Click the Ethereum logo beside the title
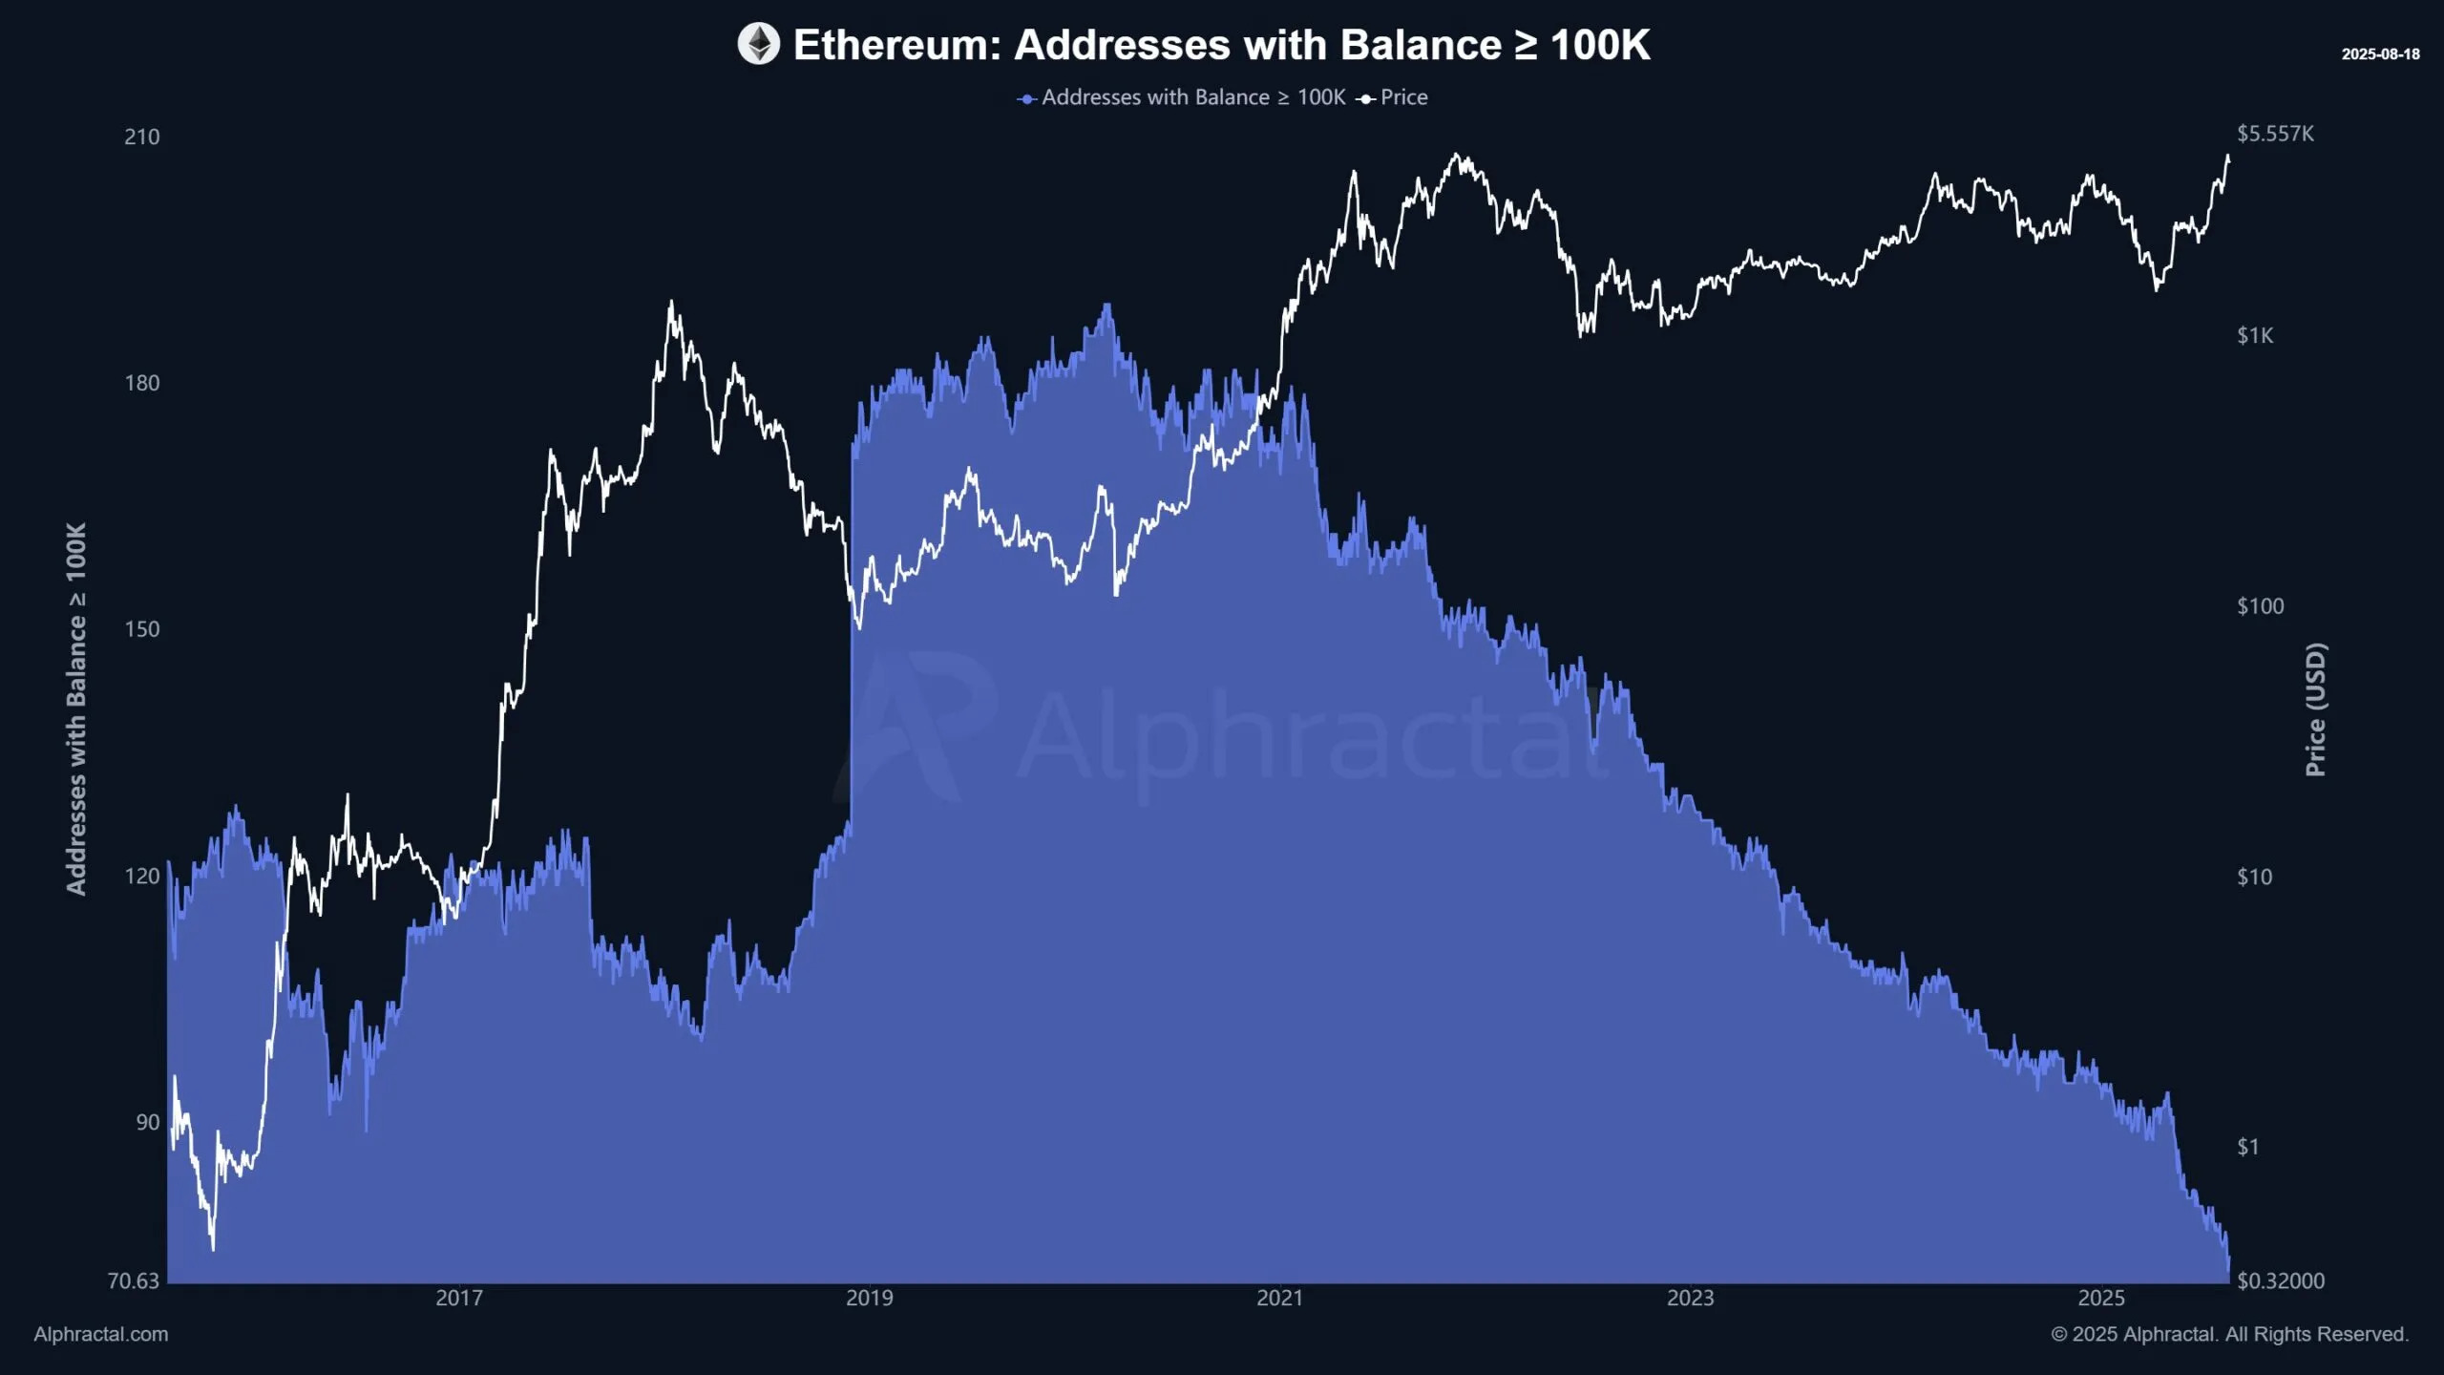[x=758, y=44]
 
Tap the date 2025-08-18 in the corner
[x=2380, y=54]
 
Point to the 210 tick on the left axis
[x=141, y=137]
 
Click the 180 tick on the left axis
[x=141, y=383]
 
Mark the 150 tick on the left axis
[x=141, y=629]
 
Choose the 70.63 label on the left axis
[x=133, y=1280]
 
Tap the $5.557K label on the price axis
[x=2275, y=134]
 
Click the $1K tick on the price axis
[x=2255, y=335]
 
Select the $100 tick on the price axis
[x=2260, y=606]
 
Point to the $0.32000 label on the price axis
[x=2280, y=1280]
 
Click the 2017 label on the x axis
[x=459, y=1298]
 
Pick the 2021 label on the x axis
[x=1279, y=1298]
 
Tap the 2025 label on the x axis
[x=2101, y=1298]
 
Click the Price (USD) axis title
[x=2315, y=709]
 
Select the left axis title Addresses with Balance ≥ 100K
[x=76, y=709]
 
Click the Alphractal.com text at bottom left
[x=101, y=1334]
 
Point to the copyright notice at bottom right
[x=2229, y=1334]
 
